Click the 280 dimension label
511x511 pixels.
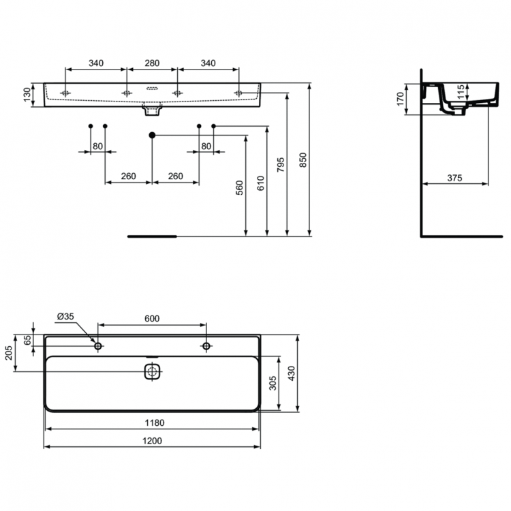coord(152,63)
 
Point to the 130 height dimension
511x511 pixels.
coord(27,95)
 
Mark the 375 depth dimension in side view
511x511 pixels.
coord(454,178)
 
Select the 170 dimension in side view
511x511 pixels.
coord(401,99)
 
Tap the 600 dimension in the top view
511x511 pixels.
coord(151,318)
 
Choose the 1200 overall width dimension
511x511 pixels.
coord(152,441)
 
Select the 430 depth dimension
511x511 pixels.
coord(291,373)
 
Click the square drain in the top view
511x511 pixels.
coord(152,372)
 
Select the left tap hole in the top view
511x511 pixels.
coord(98,347)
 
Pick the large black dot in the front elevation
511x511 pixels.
coord(152,135)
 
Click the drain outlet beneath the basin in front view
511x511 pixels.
coord(152,109)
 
